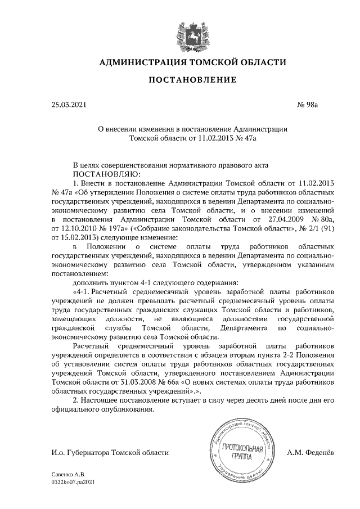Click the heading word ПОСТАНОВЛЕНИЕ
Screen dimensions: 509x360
pos(192,81)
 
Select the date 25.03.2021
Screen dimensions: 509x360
pos(69,104)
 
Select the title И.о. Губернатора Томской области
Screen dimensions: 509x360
pos(110,452)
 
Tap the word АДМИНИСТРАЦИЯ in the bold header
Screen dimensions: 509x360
pos(143,62)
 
